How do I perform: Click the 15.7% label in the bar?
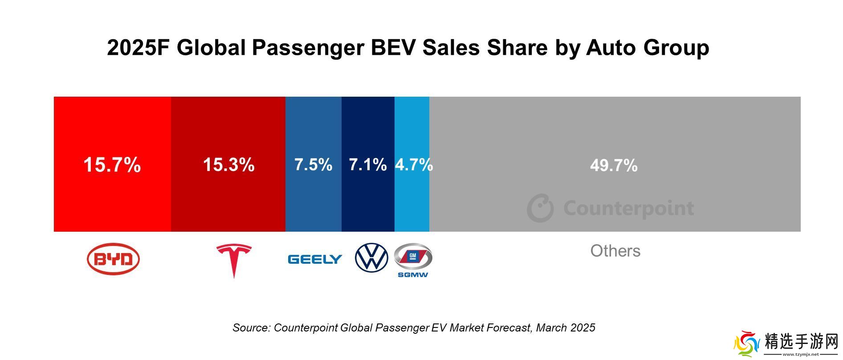(112, 165)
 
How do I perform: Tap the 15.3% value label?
(228, 165)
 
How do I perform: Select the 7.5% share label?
(313, 165)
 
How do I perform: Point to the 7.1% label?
(367, 165)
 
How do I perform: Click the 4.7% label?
(414, 165)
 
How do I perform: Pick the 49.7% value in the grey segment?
(614, 166)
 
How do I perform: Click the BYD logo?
(113, 259)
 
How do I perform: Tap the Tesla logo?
(234, 260)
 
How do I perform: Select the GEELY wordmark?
(315, 259)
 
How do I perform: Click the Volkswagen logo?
(371, 258)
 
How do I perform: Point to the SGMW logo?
(413, 260)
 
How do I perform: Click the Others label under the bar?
(615, 251)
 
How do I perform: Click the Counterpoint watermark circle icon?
(540, 208)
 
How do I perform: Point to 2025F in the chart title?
(138, 48)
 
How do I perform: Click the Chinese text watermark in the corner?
(801, 343)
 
